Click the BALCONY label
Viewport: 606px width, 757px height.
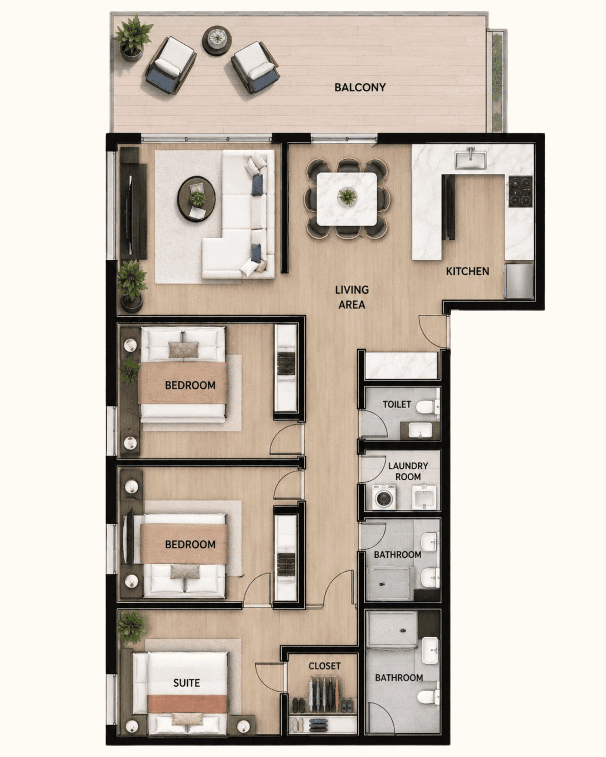click(x=360, y=88)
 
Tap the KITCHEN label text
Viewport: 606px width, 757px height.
click(x=468, y=271)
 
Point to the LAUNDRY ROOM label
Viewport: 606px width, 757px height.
click(x=408, y=471)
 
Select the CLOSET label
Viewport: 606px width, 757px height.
click(x=325, y=666)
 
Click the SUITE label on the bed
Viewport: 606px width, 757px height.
click(x=186, y=683)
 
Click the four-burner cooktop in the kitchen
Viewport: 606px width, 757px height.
click(x=520, y=192)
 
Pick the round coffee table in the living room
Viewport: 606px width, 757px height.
click(x=196, y=199)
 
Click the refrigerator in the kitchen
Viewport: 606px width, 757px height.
click(x=519, y=281)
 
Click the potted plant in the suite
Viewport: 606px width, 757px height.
click(x=132, y=627)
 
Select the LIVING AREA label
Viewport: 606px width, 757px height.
click(x=352, y=297)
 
